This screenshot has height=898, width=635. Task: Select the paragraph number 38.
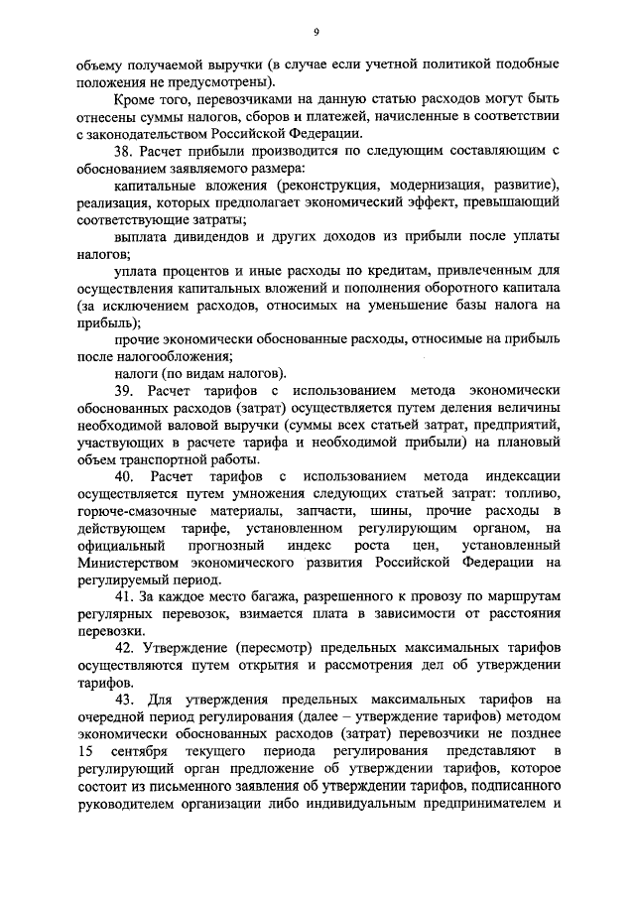(124, 151)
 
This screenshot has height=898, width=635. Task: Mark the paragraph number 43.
(125, 700)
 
